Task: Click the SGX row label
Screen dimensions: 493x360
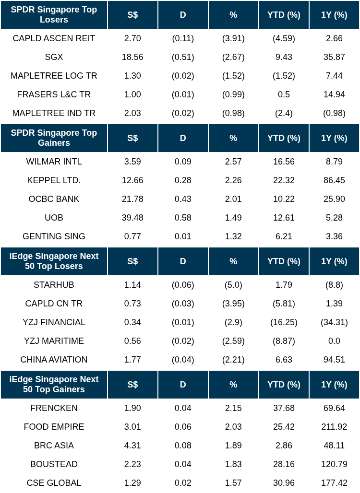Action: click(54, 57)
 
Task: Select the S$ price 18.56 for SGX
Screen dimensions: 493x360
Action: click(132, 57)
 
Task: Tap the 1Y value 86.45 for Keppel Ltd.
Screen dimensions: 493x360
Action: click(334, 180)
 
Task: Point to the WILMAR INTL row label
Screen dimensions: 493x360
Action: click(54, 162)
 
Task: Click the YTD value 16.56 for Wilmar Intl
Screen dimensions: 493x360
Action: click(284, 162)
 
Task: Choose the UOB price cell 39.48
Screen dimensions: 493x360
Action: click(132, 218)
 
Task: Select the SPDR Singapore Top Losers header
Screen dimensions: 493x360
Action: click(54, 15)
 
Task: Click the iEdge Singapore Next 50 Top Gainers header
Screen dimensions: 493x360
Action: click(54, 384)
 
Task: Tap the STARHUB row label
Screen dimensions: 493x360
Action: click(54, 285)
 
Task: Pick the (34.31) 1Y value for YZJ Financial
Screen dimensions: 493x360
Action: click(334, 322)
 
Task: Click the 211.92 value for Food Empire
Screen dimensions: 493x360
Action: click(334, 427)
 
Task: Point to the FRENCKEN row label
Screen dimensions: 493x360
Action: click(54, 408)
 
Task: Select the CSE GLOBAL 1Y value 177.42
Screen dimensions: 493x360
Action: click(334, 483)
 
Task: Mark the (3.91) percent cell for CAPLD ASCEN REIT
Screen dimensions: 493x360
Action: click(233, 38)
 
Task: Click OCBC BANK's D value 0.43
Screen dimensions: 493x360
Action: click(183, 199)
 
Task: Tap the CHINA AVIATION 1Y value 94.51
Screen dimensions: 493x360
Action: click(334, 360)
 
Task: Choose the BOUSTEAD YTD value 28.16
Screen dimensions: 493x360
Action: click(284, 464)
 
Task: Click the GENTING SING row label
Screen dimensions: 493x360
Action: click(54, 236)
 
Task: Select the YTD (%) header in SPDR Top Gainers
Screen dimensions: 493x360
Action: click(284, 138)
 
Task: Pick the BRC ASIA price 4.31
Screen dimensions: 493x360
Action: click(132, 446)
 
